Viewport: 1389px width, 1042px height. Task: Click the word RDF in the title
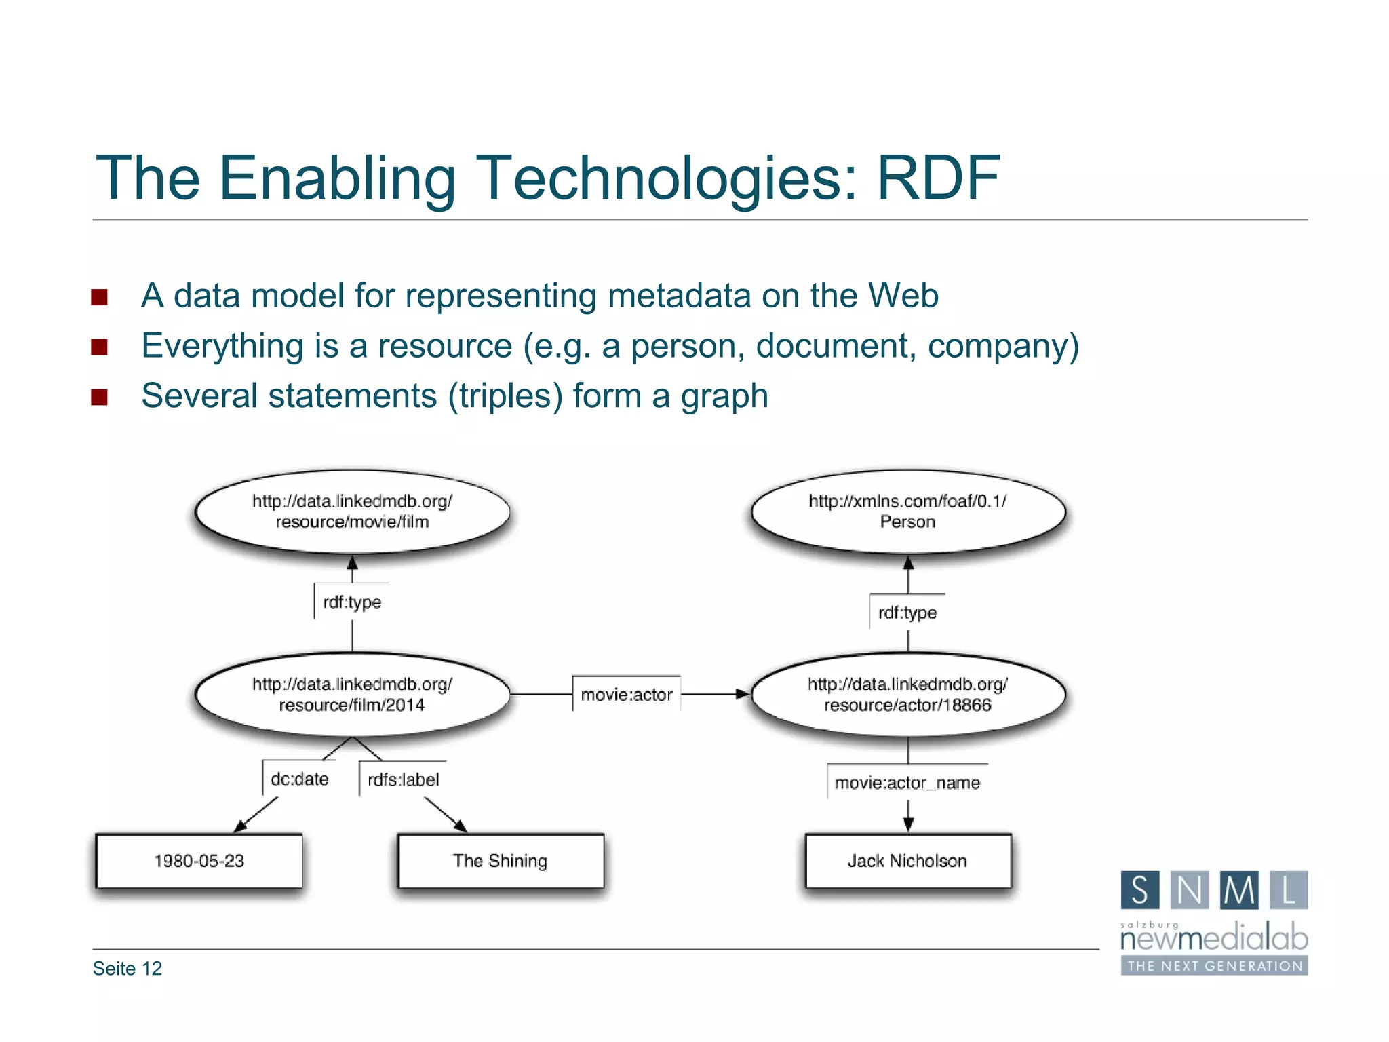click(938, 178)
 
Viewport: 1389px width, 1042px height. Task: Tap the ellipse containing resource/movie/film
click(352, 512)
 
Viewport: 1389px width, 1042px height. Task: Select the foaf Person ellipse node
click(907, 512)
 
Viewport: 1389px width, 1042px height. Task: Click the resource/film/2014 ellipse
click(352, 695)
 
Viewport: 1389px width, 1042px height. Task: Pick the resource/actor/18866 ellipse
click(907, 695)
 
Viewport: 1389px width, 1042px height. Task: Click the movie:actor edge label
click(626, 695)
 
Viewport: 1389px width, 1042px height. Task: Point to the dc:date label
click(299, 779)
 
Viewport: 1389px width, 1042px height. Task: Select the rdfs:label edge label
click(403, 779)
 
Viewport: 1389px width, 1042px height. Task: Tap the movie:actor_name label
click(907, 783)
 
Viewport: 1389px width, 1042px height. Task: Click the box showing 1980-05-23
click(199, 861)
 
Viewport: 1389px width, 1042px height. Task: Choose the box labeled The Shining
click(500, 861)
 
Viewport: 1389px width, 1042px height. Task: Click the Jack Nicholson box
click(907, 861)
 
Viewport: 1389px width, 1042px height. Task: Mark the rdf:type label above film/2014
click(352, 602)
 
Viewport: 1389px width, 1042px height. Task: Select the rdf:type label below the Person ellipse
click(907, 613)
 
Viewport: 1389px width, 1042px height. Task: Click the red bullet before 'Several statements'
click(100, 397)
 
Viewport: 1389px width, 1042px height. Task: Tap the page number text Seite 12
click(128, 969)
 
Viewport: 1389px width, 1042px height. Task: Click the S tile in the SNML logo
click(1140, 890)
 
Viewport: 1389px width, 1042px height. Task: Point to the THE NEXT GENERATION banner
click(1214, 966)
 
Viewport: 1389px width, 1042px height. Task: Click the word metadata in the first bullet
click(679, 296)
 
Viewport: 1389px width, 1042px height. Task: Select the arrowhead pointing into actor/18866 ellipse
click(743, 694)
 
